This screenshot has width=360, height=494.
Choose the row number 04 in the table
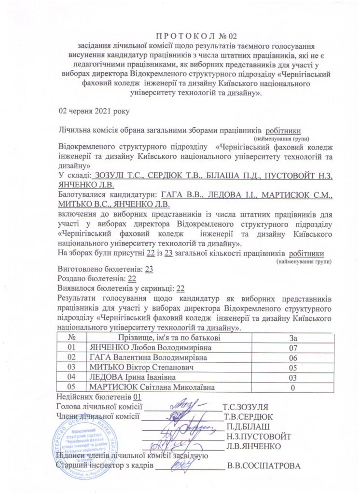[x=72, y=377]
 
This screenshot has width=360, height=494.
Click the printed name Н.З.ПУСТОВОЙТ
[x=258, y=436]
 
